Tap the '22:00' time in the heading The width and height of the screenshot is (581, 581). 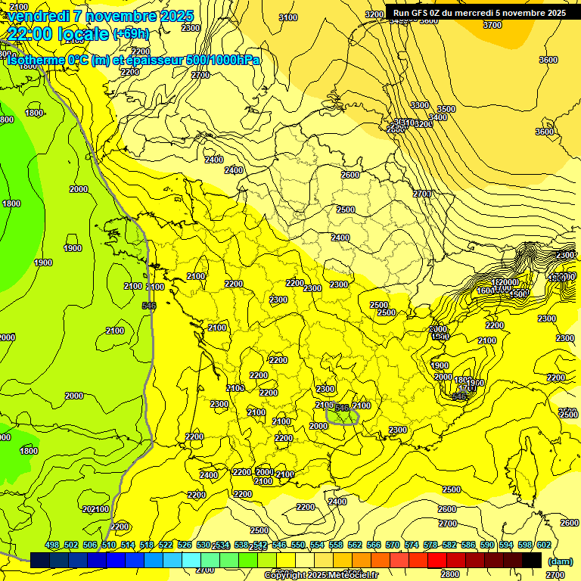coord(31,34)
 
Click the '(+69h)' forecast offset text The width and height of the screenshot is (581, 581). coord(131,33)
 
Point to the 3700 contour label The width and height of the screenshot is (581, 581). coord(492,25)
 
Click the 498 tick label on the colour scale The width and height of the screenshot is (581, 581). coord(52,545)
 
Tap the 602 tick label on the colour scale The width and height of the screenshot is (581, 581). coord(543,545)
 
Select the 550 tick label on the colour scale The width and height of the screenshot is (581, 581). coord(297,545)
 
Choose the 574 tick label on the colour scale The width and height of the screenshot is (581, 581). coord(411,545)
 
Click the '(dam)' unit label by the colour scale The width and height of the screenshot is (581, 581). coord(560,561)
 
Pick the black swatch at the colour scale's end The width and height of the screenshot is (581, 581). coord(532,560)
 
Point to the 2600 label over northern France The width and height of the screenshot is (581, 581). coord(350,175)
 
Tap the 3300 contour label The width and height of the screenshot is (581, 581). coord(420,105)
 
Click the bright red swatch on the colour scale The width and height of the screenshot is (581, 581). coord(437,560)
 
